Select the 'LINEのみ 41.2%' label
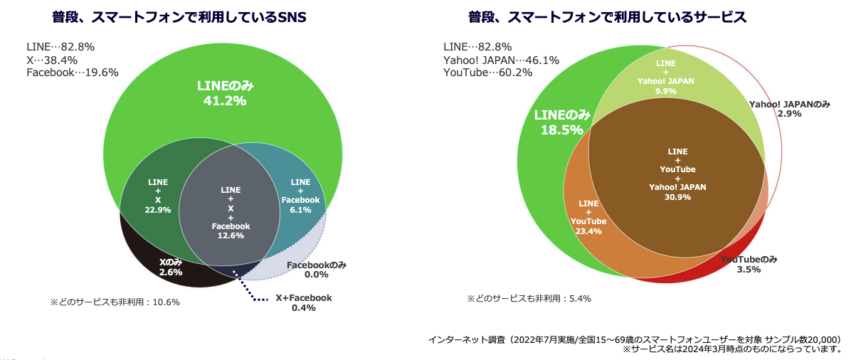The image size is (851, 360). coord(225,93)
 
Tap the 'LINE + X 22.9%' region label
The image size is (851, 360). coord(158,196)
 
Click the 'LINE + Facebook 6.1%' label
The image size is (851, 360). coord(300,196)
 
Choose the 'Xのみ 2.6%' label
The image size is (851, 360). coord(171,266)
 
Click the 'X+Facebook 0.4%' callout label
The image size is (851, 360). coord(303,303)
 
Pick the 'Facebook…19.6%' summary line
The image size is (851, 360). coord(73,72)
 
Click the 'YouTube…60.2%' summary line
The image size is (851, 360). coord(487,73)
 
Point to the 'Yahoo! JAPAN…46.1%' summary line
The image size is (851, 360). coord(501,60)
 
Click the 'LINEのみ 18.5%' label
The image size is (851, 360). coord(562,122)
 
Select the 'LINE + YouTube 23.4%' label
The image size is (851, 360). coord(588,216)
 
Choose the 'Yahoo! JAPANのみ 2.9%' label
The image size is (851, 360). coord(789,108)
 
